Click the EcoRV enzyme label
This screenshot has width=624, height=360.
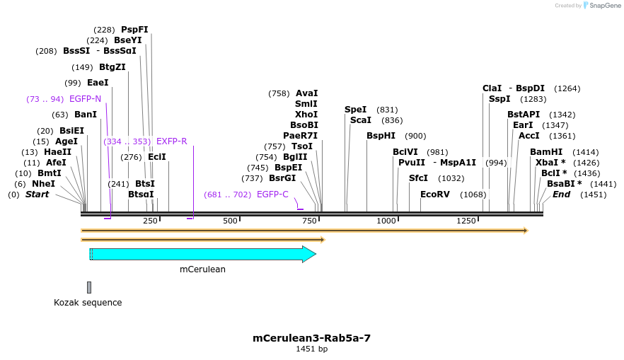pyautogui.click(x=434, y=194)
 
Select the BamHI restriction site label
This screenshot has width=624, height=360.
pyautogui.click(x=546, y=152)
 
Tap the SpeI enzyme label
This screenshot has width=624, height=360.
pyautogui.click(x=356, y=110)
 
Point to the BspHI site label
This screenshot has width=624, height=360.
pyautogui.click(x=381, y=136)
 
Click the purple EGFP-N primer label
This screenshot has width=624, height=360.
pyautogui.click(x=85, y=99)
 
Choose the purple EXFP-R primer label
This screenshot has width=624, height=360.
pyautogui.click(x=171, y=141)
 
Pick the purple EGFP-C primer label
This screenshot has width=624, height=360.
pyautogui.click(x=272, y=194)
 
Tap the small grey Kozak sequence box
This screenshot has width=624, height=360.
pyautogui.click(x=89, y=287)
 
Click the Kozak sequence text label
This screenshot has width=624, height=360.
pyautogui.click(x=88, y=303)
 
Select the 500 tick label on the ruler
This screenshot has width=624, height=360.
pyautogui.click(x=230, y=221)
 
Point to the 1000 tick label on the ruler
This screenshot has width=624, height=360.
pyautogui.click(x=386, y=221)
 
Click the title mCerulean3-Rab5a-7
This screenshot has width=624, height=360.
pyautogui.click(x=311, y=338)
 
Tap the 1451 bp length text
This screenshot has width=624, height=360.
pyautogui.click(x=311, y=349)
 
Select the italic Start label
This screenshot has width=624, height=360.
pyautogui.click(x=37, y=194)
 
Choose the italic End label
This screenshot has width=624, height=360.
pyautogui.click(x=561, y=194)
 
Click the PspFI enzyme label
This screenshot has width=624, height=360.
pyautogui.click(x=134, y=30)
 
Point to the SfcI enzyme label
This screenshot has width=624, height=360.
pyautogui.click(x=418, y=178)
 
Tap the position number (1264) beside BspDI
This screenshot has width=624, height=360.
pyautogui.click(x=567, y=88)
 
